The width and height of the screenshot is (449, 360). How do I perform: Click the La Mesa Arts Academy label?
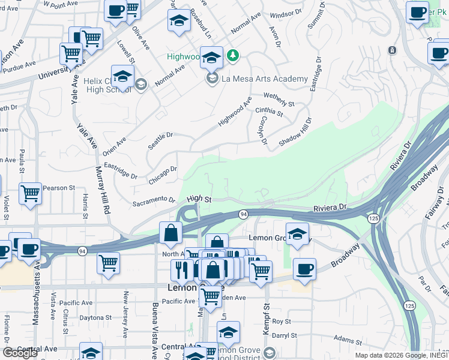tap(265, 79)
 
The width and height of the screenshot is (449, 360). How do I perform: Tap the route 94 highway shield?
tap(243, 214)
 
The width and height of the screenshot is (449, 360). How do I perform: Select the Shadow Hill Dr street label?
tap(294, 133)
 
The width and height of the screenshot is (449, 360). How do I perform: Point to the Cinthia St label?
tap(268, 111)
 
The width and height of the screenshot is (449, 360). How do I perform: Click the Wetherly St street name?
tap(279, 100)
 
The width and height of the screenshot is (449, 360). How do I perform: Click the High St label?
tap(199, 199)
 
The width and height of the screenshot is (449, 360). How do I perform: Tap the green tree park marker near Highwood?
tap(232, 56)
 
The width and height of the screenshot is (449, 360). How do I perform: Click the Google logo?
tap(20, 353)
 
